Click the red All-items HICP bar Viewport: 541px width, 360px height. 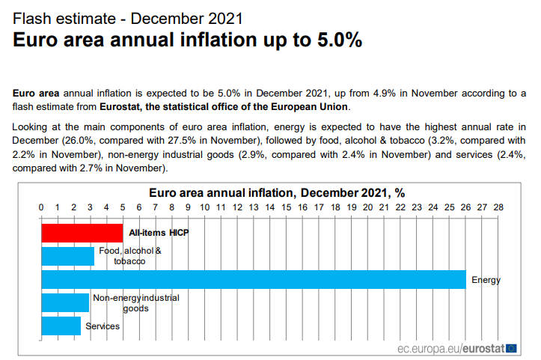coord(82,233)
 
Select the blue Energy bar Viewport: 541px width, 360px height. coord(253,279)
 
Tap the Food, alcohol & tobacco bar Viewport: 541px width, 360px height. coord(67,256)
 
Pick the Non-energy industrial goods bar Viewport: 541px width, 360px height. coord(65,302)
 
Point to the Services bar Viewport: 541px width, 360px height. coord(61,326)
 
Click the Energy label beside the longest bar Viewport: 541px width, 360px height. coord(486,280)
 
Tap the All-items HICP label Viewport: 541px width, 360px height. coord(159,233)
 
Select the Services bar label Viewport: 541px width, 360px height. coord(103,326)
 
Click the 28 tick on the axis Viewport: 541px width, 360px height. coord(498,207)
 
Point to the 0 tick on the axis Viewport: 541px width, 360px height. coord(41,207)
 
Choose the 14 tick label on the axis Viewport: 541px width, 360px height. coord(270,207)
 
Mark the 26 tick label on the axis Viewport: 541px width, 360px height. coord(466,207)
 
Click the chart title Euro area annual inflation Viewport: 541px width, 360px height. coord(276,192)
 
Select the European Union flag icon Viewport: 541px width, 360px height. coord(511,348)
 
